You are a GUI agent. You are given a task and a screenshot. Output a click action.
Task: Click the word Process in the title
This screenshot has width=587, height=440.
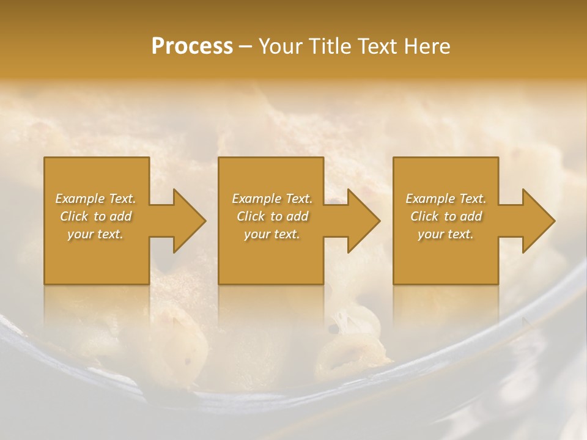192,46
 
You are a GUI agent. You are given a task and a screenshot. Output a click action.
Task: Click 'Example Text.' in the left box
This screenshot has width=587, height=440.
95,199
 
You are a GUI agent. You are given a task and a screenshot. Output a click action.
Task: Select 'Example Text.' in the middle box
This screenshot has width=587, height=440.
272,199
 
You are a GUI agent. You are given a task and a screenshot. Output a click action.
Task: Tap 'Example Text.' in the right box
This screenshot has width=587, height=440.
446,199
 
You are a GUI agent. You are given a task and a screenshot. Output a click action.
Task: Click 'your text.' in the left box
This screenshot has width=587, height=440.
95,234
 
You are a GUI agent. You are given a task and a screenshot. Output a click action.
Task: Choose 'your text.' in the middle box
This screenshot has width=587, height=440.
272,234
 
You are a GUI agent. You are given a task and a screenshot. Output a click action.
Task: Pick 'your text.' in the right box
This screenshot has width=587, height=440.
446,234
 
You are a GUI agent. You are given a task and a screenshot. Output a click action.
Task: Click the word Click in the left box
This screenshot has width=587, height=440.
74,216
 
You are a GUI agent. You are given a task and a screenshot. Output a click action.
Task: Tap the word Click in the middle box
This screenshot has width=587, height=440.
251,216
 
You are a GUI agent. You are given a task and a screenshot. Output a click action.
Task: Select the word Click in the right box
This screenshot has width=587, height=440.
424,216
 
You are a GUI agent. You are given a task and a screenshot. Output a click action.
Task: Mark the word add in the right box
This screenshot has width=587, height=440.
471,216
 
